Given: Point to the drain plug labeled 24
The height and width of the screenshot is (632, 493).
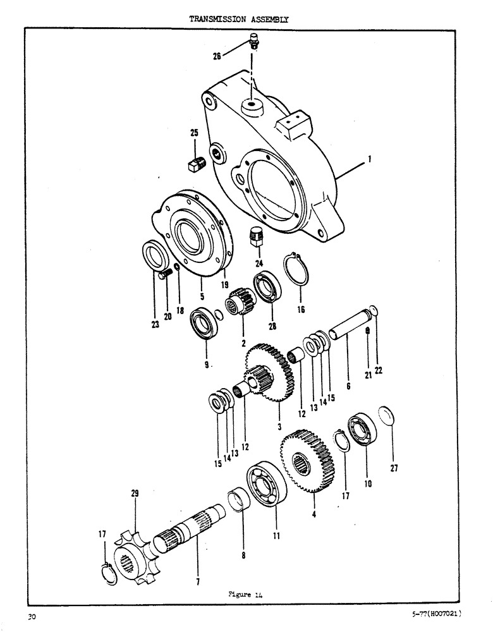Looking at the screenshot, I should point(256,236).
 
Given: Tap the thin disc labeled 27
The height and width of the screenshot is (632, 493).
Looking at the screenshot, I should point(386,416).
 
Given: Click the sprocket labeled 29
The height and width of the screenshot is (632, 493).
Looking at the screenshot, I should point(134,541).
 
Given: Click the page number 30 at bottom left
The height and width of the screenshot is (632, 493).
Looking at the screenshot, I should point(30,616).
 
